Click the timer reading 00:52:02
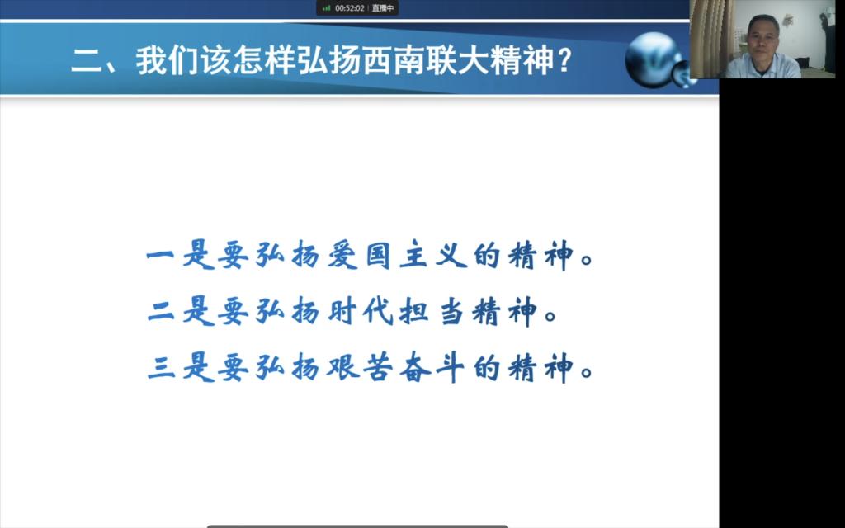(x=350, y=8)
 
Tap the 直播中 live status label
(x=383, y=8)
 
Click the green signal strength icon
(x=327, y=8)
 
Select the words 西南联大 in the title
(x=426, y=60)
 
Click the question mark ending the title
(x=565, y=61)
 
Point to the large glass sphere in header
(x=653, y=59)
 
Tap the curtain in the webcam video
(x=711, y=38)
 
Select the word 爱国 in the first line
(x=358, y=256)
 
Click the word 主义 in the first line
(x=432, y=256)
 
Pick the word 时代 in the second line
(x=360, y=311)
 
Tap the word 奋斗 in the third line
(x=431, y=368)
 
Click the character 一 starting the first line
(x=161, y=256)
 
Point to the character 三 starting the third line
(x=161, y=368)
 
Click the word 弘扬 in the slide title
(x=330, y=60)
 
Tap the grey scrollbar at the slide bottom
(x=357, y=526)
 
